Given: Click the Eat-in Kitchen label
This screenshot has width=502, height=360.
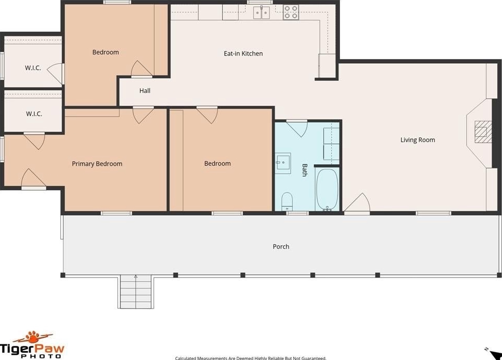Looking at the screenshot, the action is click(x=243, y=53).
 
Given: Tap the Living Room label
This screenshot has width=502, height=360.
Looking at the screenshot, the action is click(x=417, y=140).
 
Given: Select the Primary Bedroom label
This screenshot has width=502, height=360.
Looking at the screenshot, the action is click(x=97, y=164).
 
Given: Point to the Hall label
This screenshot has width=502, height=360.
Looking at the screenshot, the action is click(x=145, y=91).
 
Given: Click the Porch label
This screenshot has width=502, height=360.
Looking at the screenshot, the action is click(x=281, y=247).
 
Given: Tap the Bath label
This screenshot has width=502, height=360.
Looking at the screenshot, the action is click(x=304, y=170).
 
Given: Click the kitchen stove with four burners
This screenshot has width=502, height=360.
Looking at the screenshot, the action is click(x=291, y=12).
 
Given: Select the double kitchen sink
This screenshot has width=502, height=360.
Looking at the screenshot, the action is click(x=262, y=13).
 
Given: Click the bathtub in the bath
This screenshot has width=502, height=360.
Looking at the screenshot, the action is click(x=327, y=189).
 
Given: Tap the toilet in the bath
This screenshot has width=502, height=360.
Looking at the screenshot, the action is click(x=287, y=201).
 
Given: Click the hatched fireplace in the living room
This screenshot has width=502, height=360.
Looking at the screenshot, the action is click(x=483, y=132).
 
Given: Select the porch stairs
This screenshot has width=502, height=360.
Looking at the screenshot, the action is click(x=135, y=292).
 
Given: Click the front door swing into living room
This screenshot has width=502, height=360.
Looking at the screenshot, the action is click(x=357, y=202).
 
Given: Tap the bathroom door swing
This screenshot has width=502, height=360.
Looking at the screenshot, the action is click(x=297, y=129).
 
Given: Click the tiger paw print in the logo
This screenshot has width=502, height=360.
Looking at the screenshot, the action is click(x=33, y=337).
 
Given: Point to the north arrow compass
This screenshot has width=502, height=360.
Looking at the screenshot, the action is click(x=494, y=353).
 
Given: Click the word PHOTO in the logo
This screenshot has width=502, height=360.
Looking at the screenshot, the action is click(x=41, y=356).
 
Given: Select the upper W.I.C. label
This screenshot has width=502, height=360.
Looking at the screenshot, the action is click(x=33, y=68).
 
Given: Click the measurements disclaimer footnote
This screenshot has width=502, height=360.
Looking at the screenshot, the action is click(x=251, y=358).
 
